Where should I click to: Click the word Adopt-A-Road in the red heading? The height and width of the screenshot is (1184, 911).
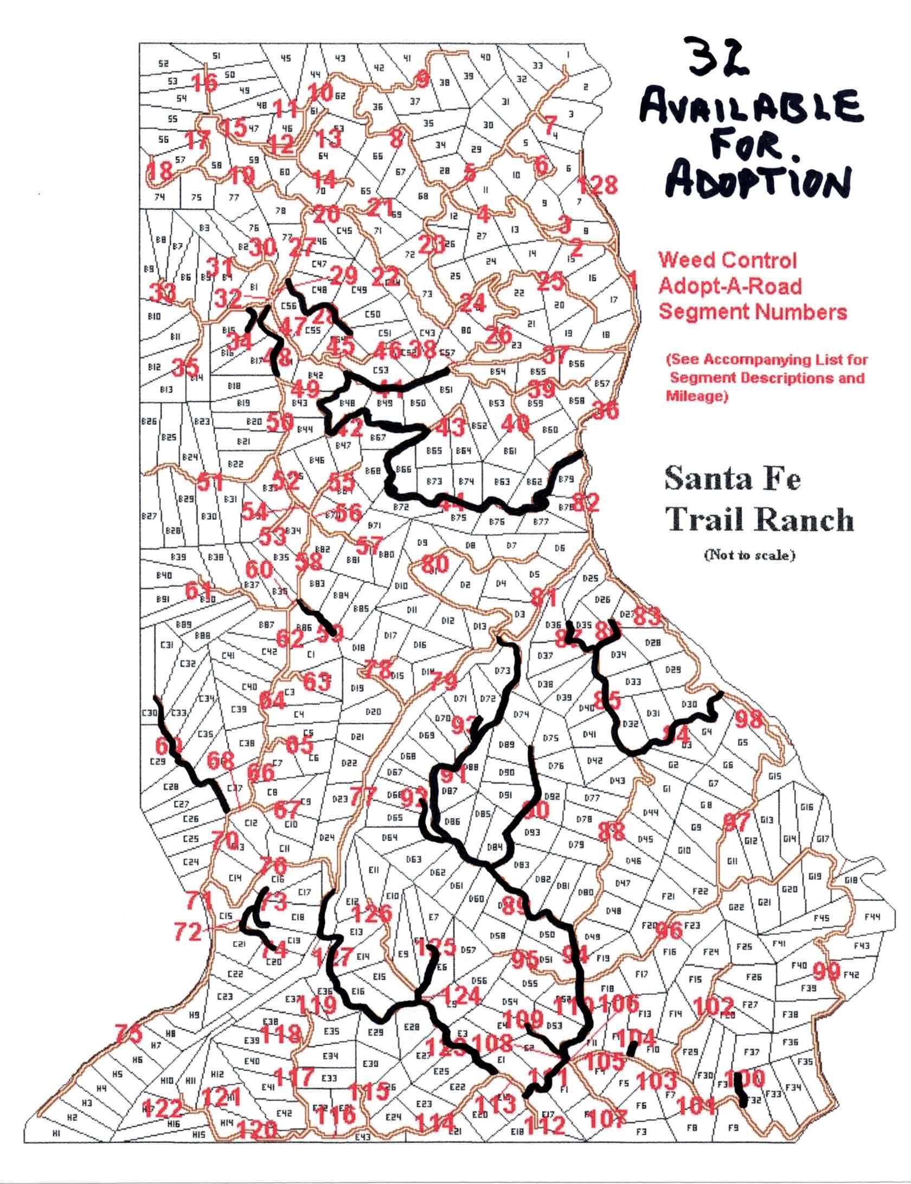pos(729,286)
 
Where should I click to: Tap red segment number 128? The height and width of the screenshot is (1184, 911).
pos(596,185)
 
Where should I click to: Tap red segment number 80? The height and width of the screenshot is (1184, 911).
pos(435,564)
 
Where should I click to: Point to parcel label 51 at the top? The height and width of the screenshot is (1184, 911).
pos(216,56)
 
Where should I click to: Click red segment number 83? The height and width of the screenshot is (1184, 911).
pos(647,616)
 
